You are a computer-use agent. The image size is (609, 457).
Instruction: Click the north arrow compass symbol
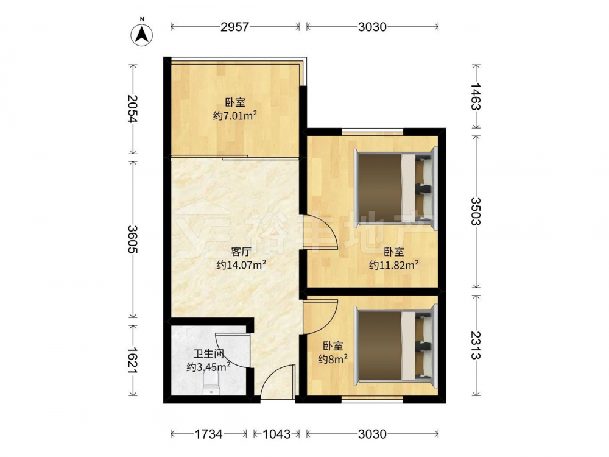tap(142, 35)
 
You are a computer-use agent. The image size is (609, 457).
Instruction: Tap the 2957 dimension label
tap(234, 27)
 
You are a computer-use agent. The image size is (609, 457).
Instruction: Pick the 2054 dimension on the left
tap(133, 108)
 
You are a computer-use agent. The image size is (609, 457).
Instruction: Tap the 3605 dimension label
tap(133, 239)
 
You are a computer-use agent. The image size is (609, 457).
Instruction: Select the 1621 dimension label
tap(133, 361)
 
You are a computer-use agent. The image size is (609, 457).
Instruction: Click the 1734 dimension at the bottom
tap(208, 434)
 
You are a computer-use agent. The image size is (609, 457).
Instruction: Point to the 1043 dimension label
tap(276, 434)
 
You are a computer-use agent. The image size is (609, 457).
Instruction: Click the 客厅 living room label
tap(241, 252)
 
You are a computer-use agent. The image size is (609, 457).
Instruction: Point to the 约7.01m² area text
tap(235, 116)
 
